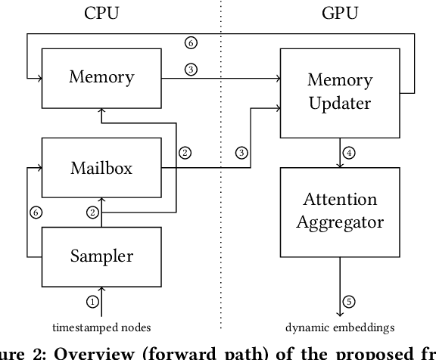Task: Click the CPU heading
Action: (101, 13)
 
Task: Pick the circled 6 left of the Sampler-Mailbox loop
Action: (34, 213)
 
